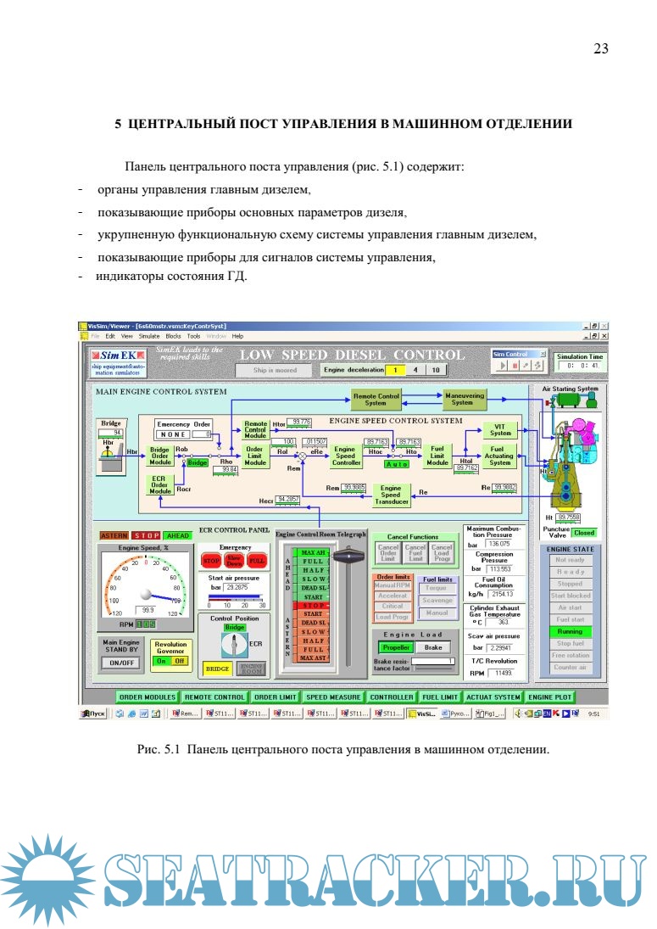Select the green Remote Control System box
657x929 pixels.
(376, 399)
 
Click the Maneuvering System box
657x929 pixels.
(462, 399)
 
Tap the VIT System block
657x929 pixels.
(500, 429)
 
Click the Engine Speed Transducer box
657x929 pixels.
(391, 495)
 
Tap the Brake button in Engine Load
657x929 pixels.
(432, 647)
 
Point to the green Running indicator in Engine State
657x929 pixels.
(570, 631)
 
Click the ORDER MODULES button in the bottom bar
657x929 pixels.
(147, 697)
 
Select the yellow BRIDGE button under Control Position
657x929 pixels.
(218, 669)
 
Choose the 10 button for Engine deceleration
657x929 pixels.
(434, 370)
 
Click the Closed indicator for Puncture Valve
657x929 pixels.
(584, 533)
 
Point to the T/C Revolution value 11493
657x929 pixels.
(504, 673)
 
